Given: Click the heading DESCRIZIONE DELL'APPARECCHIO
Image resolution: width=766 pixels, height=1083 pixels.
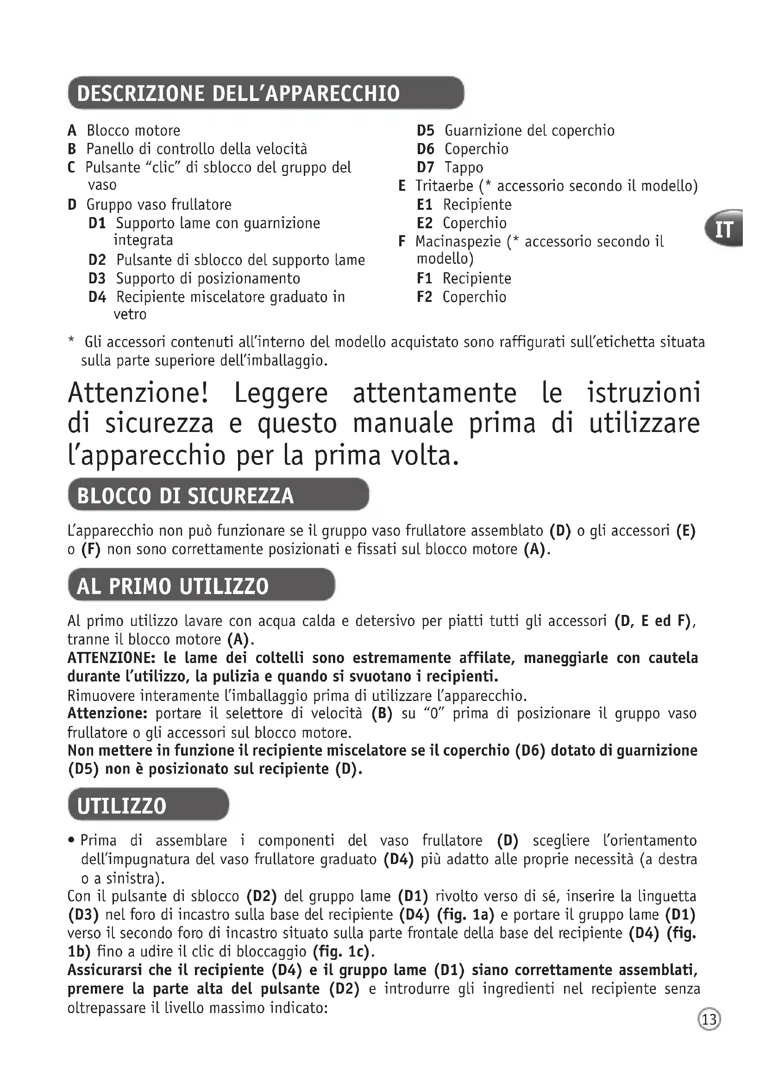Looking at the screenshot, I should coord(238,94).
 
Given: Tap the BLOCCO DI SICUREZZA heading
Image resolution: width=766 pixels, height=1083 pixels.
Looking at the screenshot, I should coord(185,496).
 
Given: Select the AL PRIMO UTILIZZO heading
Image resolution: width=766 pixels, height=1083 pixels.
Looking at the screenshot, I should coord(173,586).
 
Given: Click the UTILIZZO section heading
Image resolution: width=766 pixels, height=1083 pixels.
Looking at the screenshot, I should coord(122,806).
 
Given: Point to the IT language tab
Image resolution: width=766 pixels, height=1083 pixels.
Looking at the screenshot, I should coord(724,230).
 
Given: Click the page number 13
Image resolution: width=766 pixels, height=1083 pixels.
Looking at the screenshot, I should coord(709,1019).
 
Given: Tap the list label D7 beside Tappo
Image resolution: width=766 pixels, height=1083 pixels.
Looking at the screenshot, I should coord(425,168).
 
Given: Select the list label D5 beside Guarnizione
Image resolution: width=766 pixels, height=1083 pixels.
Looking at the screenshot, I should coord(425,131).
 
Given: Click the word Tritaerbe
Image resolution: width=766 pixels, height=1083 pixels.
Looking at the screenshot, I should coord(444,186).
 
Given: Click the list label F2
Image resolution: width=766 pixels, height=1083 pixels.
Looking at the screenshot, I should coord(425,297).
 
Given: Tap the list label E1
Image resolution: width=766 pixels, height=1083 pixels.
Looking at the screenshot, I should coord(425,205).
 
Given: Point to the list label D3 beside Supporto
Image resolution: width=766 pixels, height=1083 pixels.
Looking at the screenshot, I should coord(97,279).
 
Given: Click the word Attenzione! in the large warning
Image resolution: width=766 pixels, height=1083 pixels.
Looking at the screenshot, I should coord(138,393).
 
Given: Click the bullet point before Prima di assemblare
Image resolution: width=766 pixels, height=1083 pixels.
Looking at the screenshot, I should coord(71,840).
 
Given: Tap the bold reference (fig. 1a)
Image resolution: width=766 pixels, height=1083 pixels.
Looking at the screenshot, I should coord(465,914).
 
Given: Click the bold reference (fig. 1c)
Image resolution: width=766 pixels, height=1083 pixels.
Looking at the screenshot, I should coord(342,952).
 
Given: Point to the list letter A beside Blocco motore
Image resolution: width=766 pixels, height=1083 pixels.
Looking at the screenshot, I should coord(72,131).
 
